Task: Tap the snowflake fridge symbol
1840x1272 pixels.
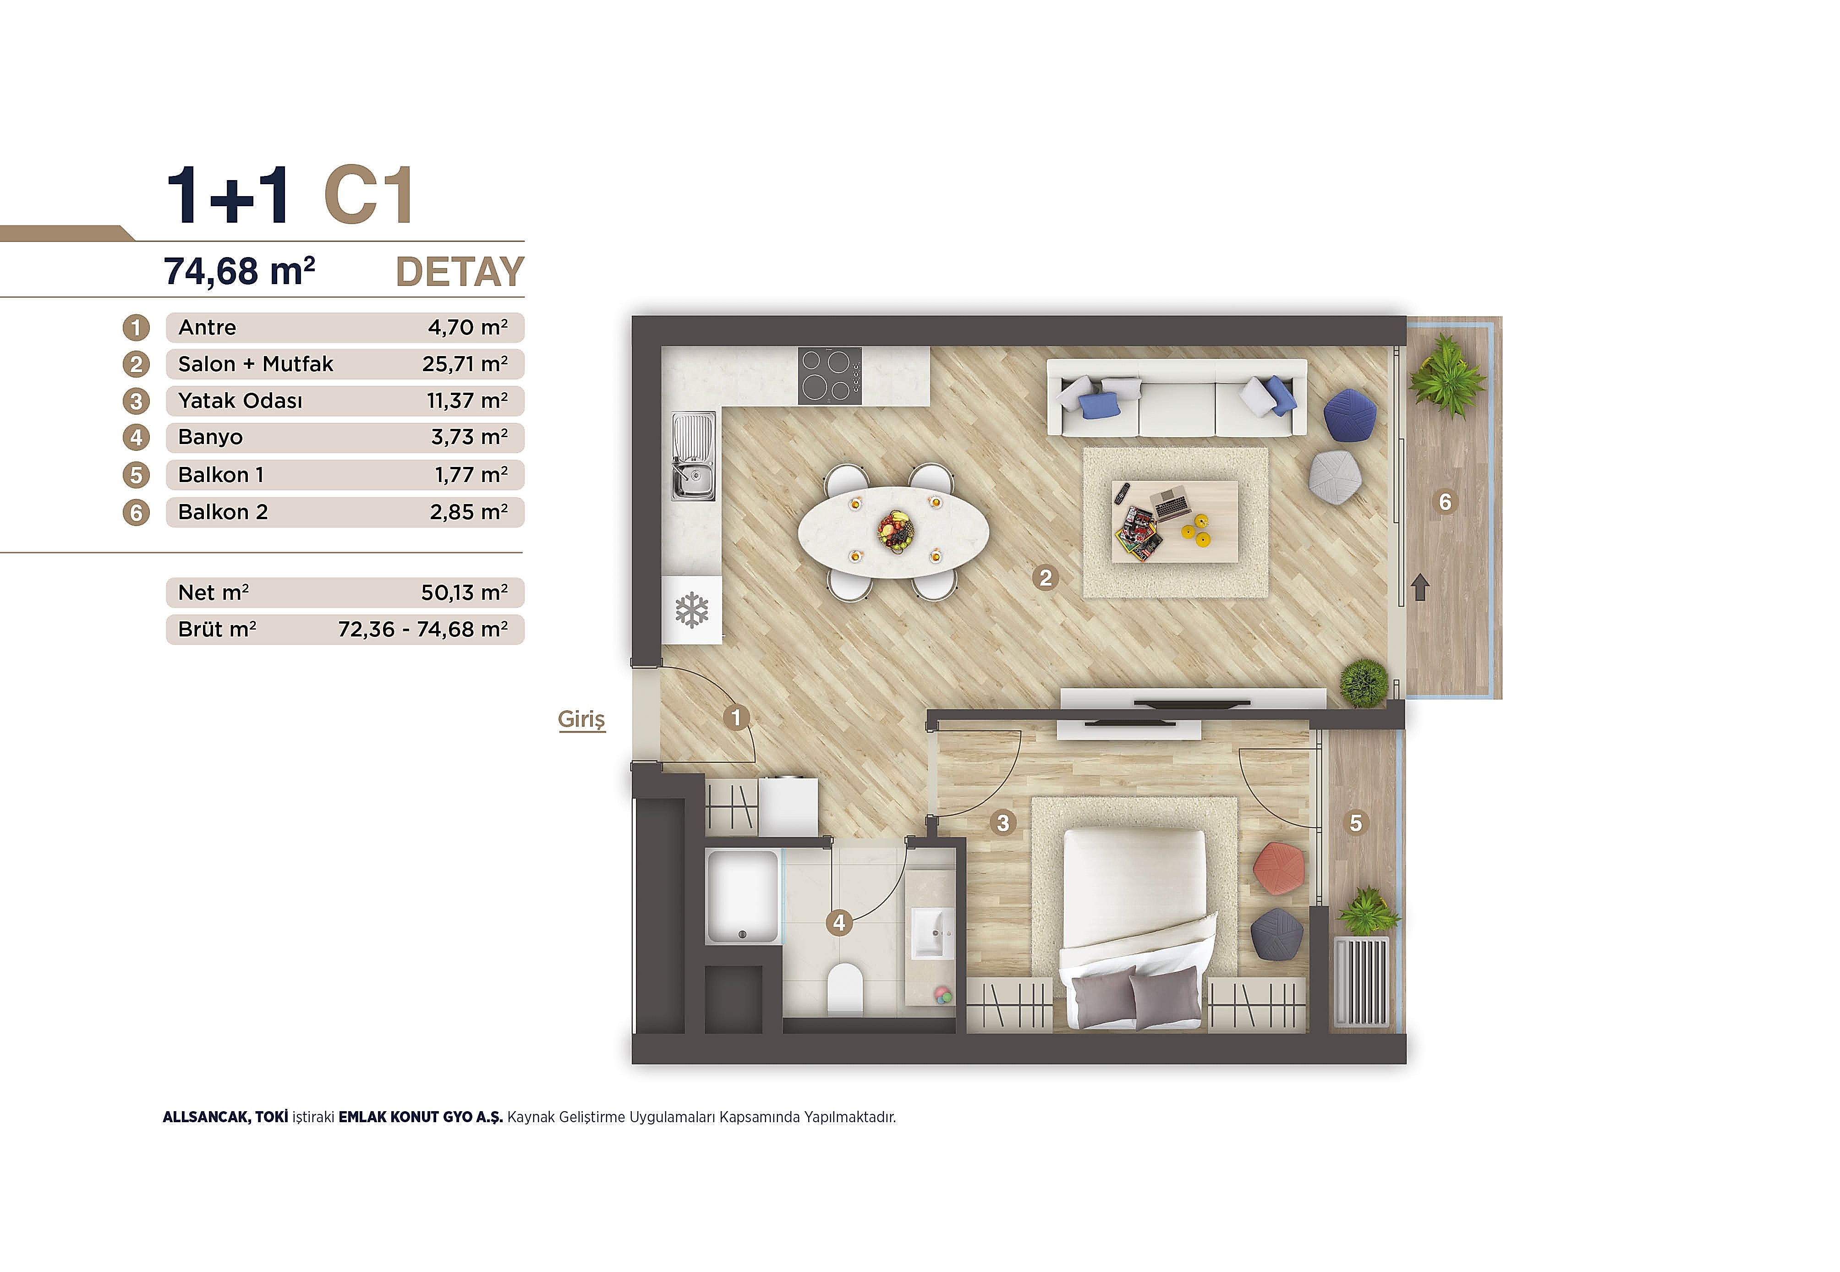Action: pyautogui.click(x=692, y=610)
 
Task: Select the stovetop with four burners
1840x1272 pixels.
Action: pyautogui.click(x=830, y=376)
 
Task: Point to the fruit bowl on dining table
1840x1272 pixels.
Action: pyautogui.click(x=893, y=530)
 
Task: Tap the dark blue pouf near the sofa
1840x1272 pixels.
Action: pyautogui.click(x=1350, y=414)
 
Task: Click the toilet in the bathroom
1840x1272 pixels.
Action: pyautogui.click(x=845, y=989)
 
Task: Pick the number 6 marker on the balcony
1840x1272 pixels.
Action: pyautogui.click(x=1445, y=502)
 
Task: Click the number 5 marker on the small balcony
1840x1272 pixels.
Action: pyautogui.click(x=1356, y=822)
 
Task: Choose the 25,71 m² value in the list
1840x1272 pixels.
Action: pyautogui.click(x=465, y=364)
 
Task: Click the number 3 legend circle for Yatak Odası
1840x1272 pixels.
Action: pyautogui.click(x=136, y=401)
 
